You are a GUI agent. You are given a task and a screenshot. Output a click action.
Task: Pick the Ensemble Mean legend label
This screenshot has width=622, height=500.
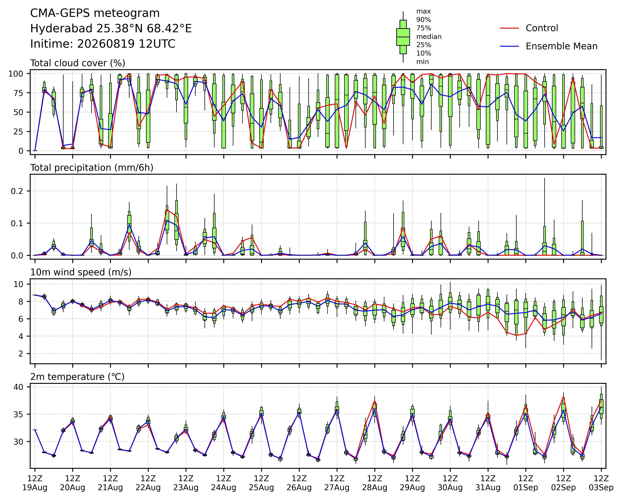[x=561, y=46]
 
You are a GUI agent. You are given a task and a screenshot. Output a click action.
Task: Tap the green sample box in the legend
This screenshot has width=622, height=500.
[x=403, y=37]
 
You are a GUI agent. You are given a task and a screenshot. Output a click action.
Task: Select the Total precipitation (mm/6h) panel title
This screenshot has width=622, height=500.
[x=92, y=168]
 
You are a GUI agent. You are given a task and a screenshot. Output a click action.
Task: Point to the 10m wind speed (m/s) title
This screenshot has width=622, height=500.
[x=81, y=272]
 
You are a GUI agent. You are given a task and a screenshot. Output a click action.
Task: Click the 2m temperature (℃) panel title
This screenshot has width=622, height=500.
[x=77, y=377]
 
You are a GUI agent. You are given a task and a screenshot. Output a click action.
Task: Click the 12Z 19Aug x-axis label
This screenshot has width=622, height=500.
[x=35, y=483]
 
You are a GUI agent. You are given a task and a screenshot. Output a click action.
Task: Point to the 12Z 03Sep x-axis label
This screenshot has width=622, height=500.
[x=601, y=483]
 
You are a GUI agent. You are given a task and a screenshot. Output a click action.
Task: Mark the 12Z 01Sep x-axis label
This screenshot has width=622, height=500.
[x=526, y=483]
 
